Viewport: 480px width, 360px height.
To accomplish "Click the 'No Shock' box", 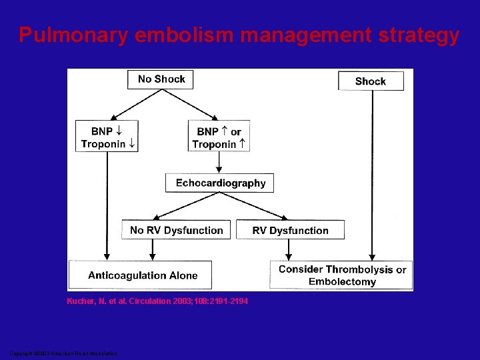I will pos(161,79).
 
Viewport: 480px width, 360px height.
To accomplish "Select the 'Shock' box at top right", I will pos(371,81).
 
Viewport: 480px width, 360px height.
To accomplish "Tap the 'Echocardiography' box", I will pos(220,183).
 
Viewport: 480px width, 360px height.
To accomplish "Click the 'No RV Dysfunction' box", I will pos(176,230).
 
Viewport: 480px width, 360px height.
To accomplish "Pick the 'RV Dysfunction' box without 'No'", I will pos(290,230).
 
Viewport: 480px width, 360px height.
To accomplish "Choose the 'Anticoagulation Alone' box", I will pos(143,275).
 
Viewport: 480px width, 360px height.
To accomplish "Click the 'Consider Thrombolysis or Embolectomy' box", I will pos(341,275).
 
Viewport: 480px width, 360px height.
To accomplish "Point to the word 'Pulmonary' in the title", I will pos(73,35).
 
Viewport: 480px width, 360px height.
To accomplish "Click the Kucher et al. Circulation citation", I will pos(157,302).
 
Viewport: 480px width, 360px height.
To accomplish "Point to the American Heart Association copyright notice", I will pos(63,353).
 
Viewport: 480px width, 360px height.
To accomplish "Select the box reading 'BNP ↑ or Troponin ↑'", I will pos(219,137).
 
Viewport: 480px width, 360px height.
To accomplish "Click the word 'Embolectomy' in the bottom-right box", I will pos(342,282).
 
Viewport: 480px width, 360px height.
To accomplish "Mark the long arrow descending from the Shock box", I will pos(372,173).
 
